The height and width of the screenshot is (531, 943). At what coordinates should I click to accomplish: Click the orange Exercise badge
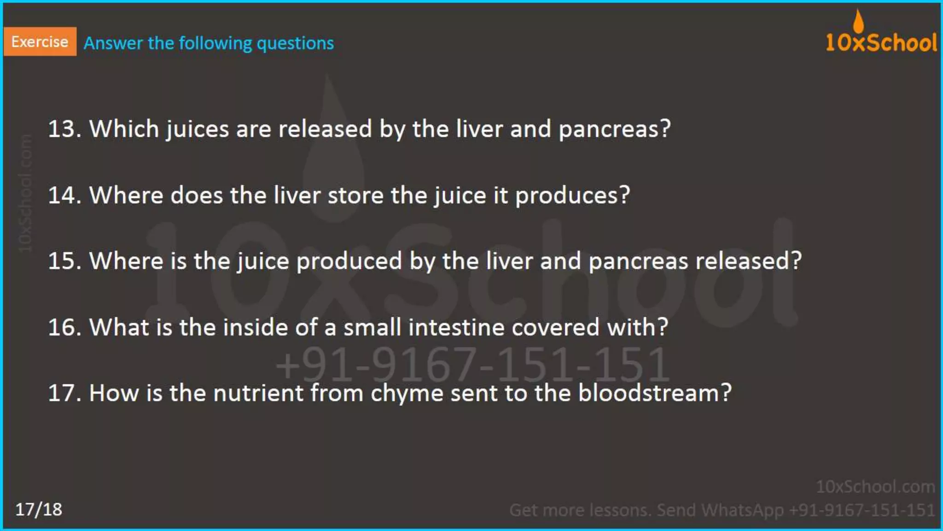[x=40, y=41]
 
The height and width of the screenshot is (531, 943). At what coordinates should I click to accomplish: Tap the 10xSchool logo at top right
[x=881, y=42]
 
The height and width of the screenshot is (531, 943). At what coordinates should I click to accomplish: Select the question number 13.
[x=64, y=129]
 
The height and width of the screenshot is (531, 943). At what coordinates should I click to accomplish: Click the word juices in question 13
[x=197, y=129]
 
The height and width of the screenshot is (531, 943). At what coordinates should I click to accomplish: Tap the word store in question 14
[x=355, y=195]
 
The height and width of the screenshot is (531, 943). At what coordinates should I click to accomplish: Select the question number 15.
[x=64, y=261]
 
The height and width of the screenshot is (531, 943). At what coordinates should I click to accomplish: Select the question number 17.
[x=64, y=393]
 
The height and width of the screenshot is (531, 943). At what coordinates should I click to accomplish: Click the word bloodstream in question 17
[x=654, y=393]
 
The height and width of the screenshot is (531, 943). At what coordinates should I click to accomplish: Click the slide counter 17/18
[x=39, y=509]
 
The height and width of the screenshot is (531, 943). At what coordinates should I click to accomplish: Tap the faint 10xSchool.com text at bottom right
[x=875, y=487]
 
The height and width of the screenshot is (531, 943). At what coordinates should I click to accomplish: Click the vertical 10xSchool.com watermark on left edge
[x=25, y=194]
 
